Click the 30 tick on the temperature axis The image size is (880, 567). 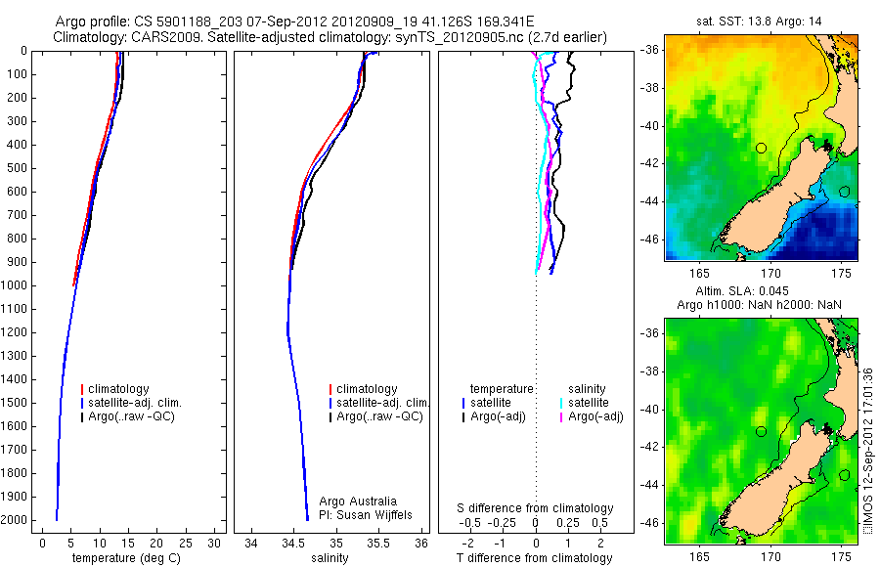[216, 543]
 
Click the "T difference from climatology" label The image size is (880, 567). [534, 558]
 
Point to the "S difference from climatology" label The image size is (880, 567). [536, 508]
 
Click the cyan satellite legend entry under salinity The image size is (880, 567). [588, 403]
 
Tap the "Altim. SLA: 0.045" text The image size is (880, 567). [761, 291]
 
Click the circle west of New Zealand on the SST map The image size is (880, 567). [761, 148]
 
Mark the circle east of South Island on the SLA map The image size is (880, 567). [844, 475]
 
